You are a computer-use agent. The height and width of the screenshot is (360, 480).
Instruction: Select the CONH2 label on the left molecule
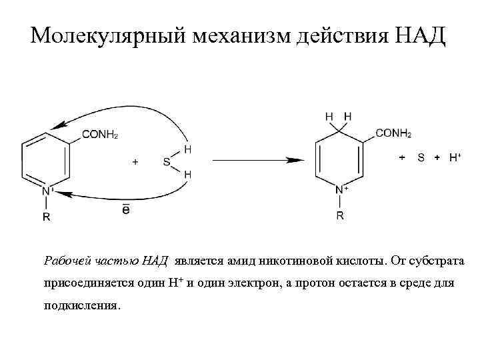click(x=100, y=134)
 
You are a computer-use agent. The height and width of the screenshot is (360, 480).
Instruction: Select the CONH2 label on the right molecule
click(x=393, y=133)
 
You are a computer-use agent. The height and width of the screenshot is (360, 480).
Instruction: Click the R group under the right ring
click(x=340, y=215)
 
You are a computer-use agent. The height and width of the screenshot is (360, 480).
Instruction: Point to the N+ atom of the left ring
click(x=47, y=192)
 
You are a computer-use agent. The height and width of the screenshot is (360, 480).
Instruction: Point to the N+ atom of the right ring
click(x=341, y=191)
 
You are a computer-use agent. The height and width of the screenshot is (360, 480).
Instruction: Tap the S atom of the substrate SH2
click(x=166, y=161)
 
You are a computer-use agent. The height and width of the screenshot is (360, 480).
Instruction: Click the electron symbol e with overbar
click(x=126, y=209)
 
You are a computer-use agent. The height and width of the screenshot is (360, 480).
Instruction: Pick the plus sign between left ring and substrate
click(x=136, y=161)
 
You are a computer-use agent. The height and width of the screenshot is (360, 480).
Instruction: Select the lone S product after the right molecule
click(x=421, y=157)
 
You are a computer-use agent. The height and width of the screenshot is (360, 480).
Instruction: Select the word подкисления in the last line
click(x=82, y=306)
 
